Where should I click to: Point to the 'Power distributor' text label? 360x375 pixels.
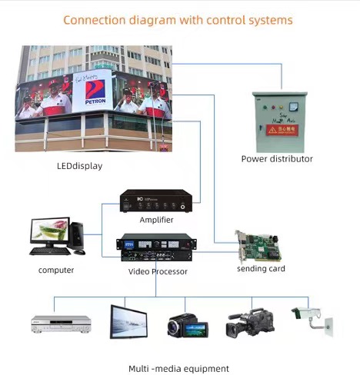coord(277,159)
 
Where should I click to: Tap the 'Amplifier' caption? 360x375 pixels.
coord(156,220)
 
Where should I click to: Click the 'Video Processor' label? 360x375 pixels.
coord(157,271)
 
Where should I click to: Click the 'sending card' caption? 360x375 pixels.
coord(260,268)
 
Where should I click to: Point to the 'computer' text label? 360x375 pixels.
coord(56,270)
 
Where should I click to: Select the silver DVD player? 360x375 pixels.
coord(61,323)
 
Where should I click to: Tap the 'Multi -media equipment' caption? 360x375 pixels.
coord(178,369)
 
